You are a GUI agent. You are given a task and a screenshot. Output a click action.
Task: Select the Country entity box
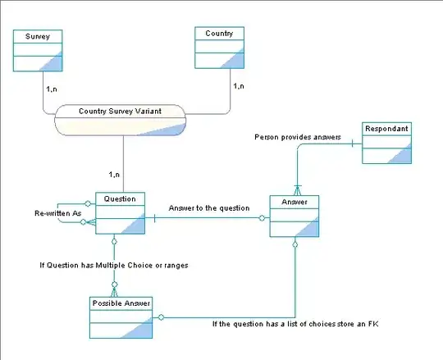pos(219,48)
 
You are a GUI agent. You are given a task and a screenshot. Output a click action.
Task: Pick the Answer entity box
pos(294,216)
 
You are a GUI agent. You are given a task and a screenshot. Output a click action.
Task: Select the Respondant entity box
pos(387,144)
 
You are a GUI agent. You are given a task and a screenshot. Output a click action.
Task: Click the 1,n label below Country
pos(240,85)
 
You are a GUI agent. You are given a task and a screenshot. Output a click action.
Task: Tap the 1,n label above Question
pos(114,175)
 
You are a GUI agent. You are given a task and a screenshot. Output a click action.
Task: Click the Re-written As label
pos(59,213)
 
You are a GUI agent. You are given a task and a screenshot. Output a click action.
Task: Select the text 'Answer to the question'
pos(208,208)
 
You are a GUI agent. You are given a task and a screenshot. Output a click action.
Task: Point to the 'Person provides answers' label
pos(297,137)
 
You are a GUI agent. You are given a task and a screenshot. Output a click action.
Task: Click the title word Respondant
pos(387,129)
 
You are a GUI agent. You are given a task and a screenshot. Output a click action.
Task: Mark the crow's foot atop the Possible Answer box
pos(115,291)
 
